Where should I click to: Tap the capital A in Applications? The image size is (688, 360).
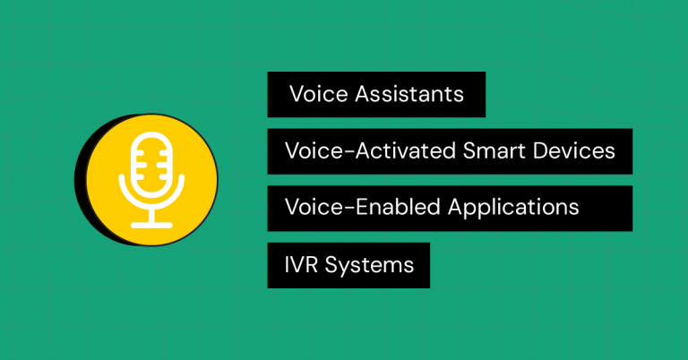click(x=454, y=207)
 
